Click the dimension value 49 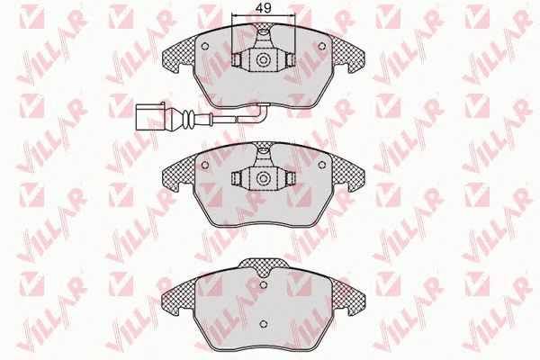point(264,8)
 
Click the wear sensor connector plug point(150,116)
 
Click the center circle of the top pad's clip point(264,59)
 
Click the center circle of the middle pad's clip point(264,178)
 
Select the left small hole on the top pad point(204,46)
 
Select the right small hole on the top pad point(322,46)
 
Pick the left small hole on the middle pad point(204,165)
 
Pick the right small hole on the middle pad point(322,165)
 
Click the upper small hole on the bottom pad point(264,284)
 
